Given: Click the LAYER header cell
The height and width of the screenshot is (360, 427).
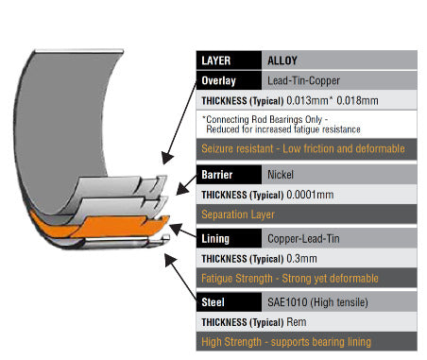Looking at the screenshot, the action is (229, 60).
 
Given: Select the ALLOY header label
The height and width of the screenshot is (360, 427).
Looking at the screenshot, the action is (282, 60).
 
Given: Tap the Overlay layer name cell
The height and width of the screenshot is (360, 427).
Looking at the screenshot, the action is (229, 80).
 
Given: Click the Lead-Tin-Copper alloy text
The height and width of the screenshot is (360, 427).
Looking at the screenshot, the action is (303, 80).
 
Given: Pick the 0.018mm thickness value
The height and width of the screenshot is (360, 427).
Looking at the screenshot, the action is (357, 100).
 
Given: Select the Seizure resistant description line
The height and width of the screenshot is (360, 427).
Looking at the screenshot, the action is (303, 148).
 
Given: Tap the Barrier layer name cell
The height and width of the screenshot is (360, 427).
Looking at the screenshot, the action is (229, 175).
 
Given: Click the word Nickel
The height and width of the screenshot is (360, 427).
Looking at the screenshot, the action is (281, 175).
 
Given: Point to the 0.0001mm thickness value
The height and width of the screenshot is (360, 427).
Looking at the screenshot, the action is (310, 195).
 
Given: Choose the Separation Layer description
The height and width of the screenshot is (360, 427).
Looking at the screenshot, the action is (238, 214).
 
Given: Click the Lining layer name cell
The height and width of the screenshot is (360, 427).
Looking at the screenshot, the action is (229, 238).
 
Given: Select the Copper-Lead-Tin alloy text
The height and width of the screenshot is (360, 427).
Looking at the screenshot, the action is (303, 238).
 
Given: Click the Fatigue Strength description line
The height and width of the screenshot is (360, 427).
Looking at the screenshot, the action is (290, 279).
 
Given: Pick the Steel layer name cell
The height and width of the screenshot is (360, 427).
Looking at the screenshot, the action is (229, 302).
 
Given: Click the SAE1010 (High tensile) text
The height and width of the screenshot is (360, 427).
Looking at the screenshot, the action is (317, 302).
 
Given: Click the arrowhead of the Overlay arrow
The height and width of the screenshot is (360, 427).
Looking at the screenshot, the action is (167, 158).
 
